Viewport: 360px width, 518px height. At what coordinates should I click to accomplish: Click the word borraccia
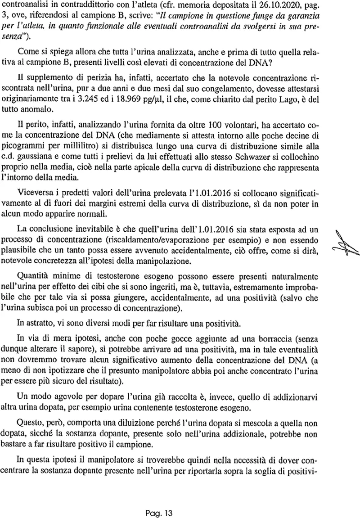256,342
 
